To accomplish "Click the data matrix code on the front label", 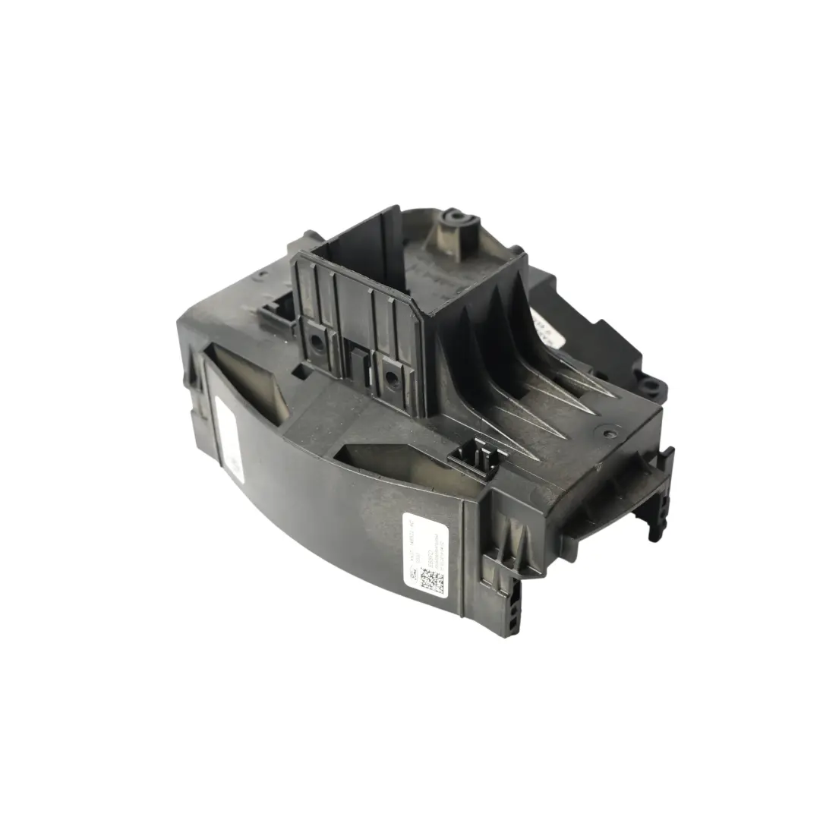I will pos(433,581).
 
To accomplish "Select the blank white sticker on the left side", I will pos(228,436).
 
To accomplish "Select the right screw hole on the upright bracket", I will pos(391,377).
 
